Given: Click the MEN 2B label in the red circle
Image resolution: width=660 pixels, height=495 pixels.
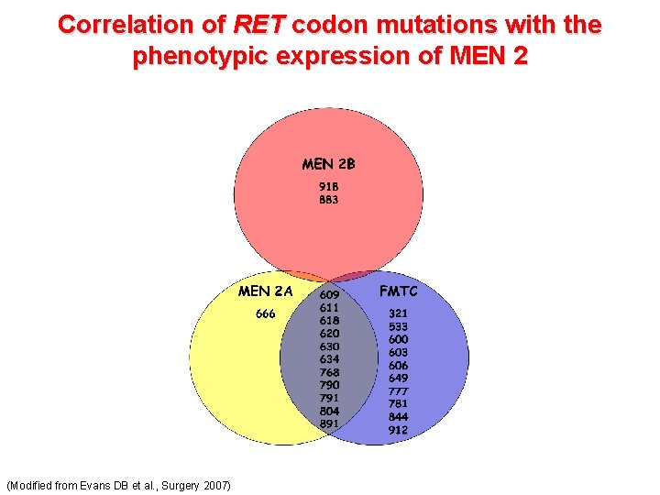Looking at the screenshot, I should pos(328,165).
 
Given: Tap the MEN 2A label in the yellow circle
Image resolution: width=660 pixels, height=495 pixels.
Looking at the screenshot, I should pos(265,291).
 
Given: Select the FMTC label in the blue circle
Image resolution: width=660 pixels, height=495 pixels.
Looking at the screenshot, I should pos(398,291).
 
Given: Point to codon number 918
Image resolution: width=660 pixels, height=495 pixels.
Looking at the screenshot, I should pos(328,186).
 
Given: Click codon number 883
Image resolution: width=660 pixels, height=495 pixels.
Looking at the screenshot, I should pos(328,199).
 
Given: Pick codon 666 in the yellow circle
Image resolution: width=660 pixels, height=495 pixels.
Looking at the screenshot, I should pos(265,313).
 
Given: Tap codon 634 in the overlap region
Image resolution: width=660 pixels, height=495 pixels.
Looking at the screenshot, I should pos(329,359).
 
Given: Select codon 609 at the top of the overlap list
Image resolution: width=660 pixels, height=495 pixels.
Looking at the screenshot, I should pos(329,295).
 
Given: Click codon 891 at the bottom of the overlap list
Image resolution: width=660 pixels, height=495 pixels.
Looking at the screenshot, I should pos(329,423).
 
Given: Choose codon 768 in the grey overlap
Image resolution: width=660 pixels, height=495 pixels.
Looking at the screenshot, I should pos(329,372).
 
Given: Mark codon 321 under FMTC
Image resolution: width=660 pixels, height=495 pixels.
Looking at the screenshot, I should pos(398,313).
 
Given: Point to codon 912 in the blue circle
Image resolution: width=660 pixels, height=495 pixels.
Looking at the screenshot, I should pos(398,430).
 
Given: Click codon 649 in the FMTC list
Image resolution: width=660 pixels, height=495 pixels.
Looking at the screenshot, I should pos(398,378).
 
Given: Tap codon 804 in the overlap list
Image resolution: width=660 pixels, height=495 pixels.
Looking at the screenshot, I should pos(329,411).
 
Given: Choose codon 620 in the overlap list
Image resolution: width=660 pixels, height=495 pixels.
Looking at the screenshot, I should pos(329,334).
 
